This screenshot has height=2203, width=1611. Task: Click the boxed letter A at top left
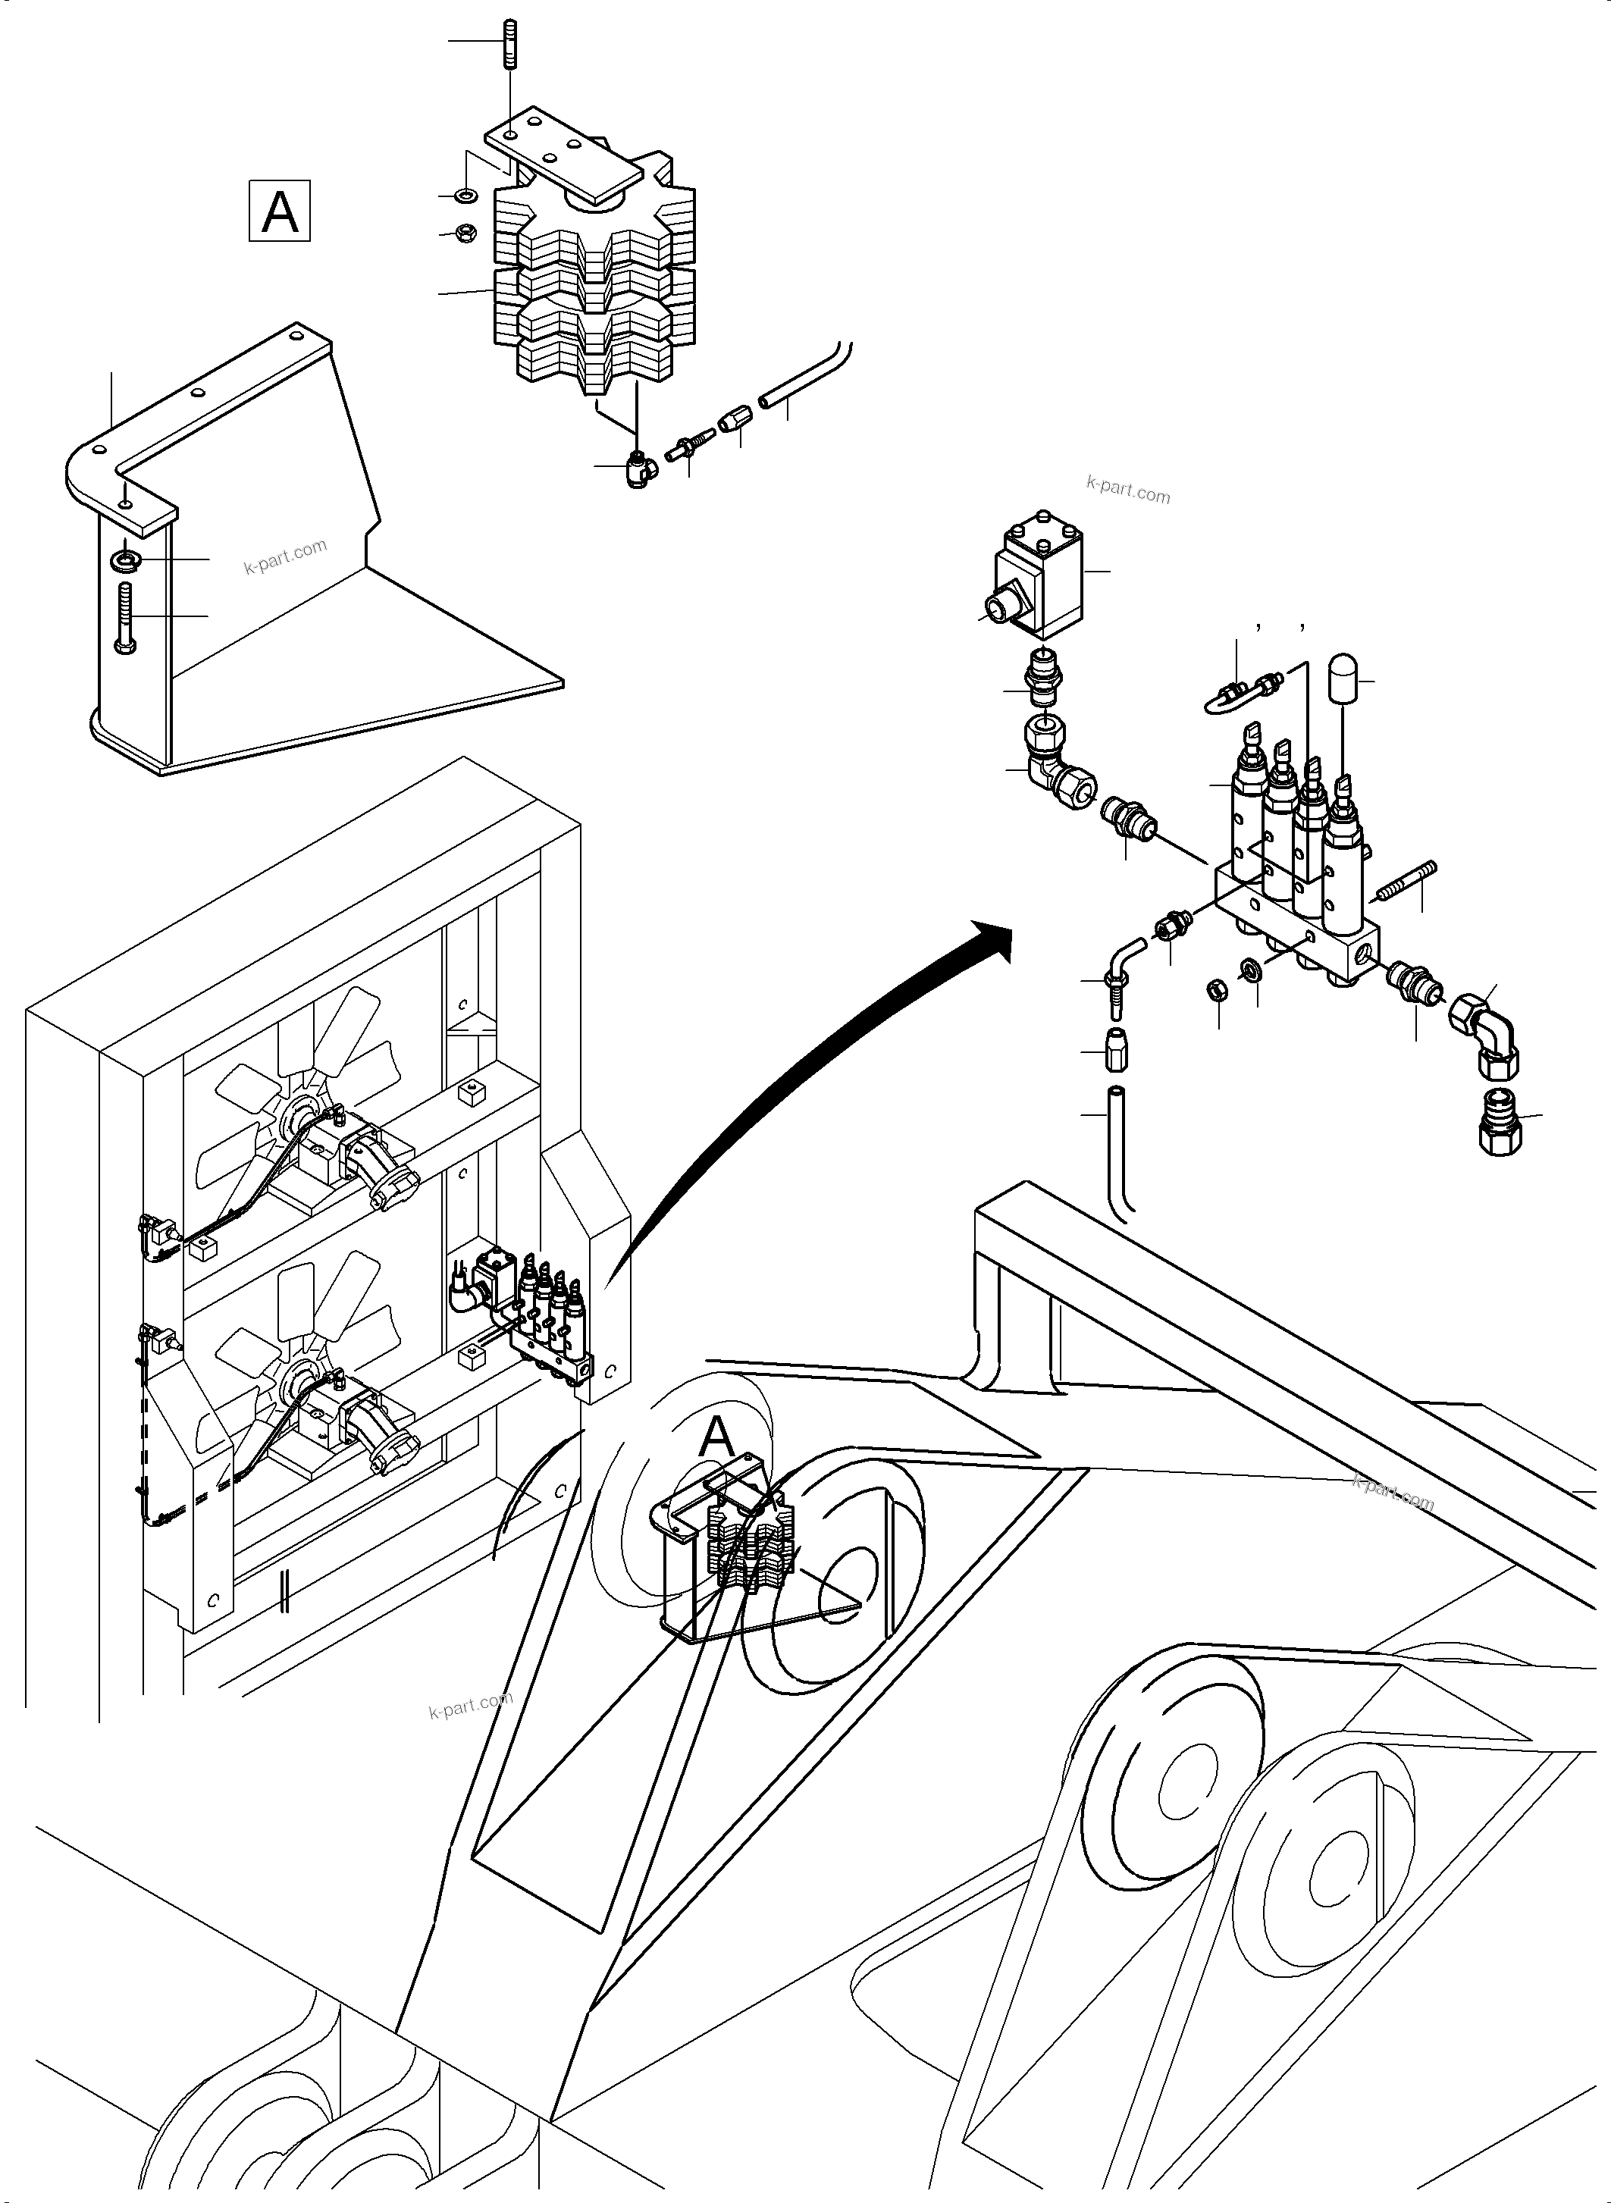[280, 210]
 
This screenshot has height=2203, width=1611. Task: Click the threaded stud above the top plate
[510, 44]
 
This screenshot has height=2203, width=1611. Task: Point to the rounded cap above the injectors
[1346, 675]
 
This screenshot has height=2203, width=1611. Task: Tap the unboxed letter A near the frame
[716, 1436]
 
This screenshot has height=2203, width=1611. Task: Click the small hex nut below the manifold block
[1217, 991]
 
